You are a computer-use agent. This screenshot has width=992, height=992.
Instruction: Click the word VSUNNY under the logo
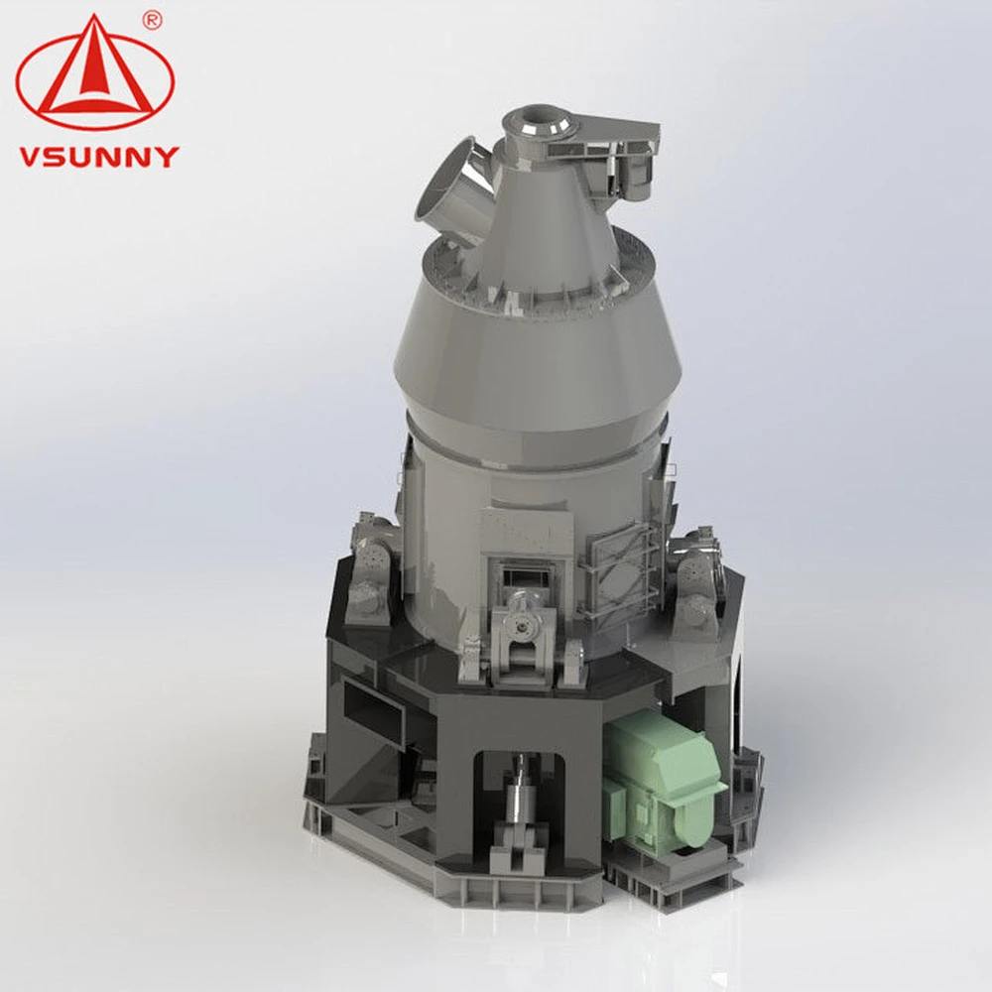point(99,157)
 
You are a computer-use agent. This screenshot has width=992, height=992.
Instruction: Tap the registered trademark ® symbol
point(153,20)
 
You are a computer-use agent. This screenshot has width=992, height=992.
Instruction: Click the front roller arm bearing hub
point(522,626)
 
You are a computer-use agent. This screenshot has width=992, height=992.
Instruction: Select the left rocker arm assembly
point(369,568)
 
